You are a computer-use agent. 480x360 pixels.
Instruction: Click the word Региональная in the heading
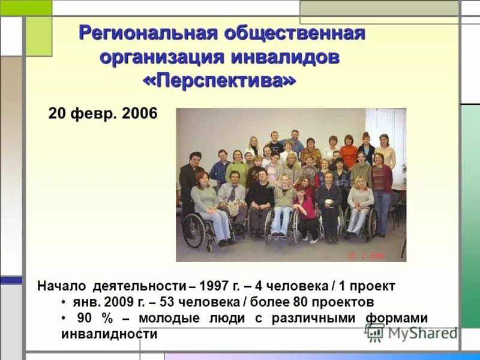tap(146, 33)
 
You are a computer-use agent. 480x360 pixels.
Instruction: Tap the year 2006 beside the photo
tap(139, 113)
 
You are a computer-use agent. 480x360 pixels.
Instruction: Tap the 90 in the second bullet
tap(84, 318)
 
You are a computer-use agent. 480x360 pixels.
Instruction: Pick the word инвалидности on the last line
tap(109, 334)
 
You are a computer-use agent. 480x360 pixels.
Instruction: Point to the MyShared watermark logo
tap(412, 332)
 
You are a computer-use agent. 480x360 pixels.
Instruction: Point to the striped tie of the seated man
tap(232, 193)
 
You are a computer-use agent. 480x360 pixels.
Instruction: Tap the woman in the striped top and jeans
tap(381, 186)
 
